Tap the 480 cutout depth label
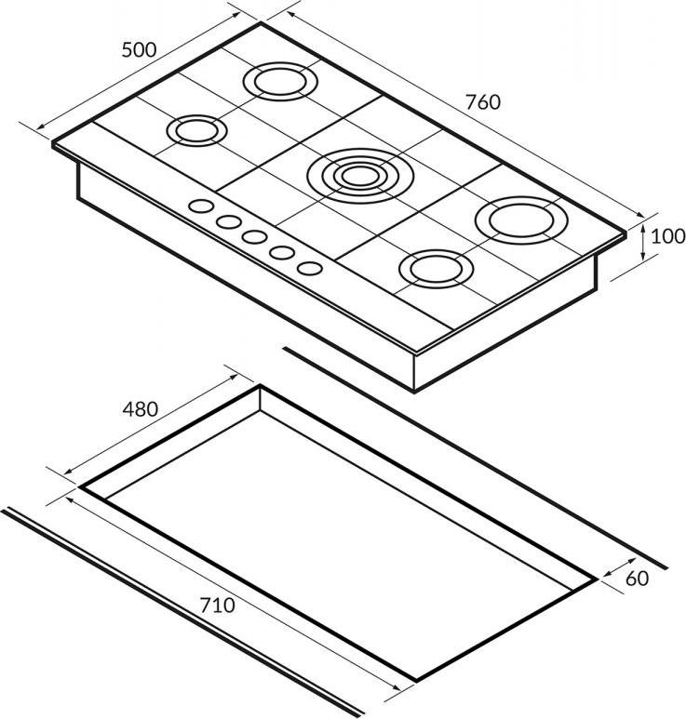(140, 408)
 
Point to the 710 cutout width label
(217, 606)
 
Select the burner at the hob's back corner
(279, 80)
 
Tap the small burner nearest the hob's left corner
(196, 129)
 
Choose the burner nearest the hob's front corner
(433, 269)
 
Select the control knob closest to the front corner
(310, 268)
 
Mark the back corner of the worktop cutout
(260, 387)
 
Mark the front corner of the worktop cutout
(414, 678)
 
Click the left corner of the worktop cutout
(80, 486)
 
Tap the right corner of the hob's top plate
(625, 236)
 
